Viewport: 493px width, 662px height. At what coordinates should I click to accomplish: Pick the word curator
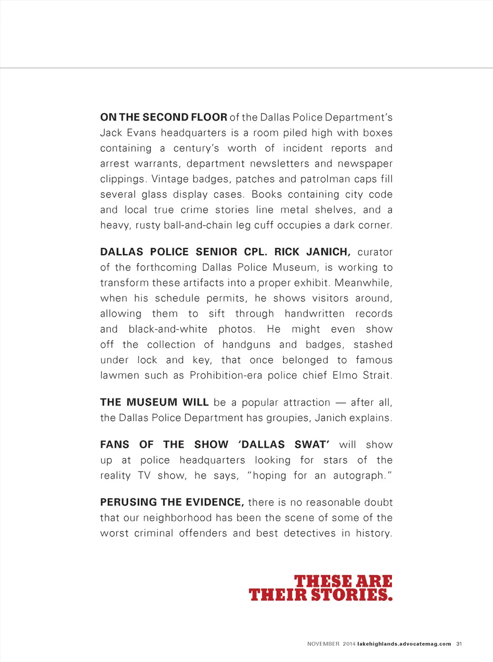point(375,252)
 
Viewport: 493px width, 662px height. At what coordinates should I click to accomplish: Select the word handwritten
point(314,314)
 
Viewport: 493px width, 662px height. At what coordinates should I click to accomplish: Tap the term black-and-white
point(168,329)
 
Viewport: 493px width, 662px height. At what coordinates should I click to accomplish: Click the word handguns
point(246,344)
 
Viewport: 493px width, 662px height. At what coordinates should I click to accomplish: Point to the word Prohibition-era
point(226,375)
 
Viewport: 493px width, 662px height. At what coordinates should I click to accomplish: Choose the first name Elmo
point(345,375)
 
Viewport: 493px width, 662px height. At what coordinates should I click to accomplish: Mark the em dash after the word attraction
point(341,403)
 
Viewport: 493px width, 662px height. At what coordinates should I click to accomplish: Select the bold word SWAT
point(311,445)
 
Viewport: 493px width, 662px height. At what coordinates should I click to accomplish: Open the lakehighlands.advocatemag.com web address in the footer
point(404,644)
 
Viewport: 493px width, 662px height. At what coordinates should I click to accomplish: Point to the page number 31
point(459,644)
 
